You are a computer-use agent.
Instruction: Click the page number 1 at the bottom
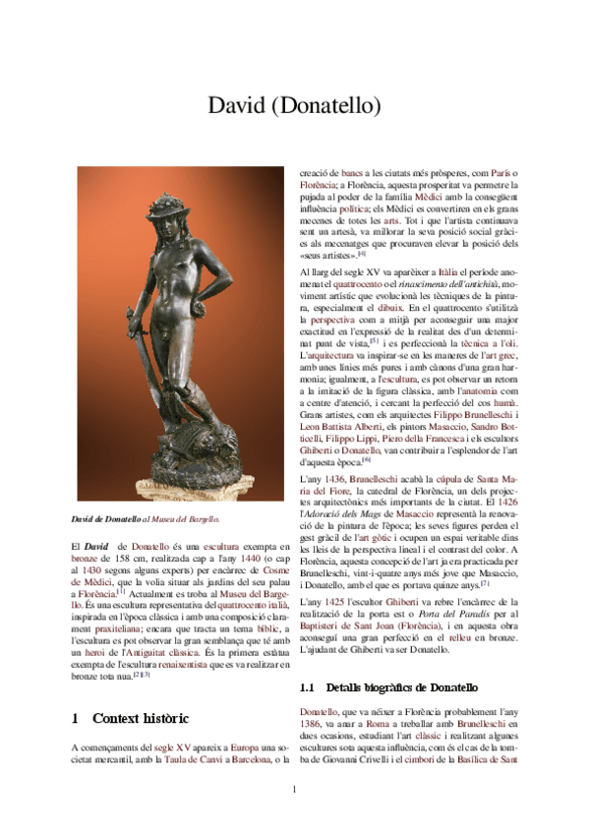[294, 790]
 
